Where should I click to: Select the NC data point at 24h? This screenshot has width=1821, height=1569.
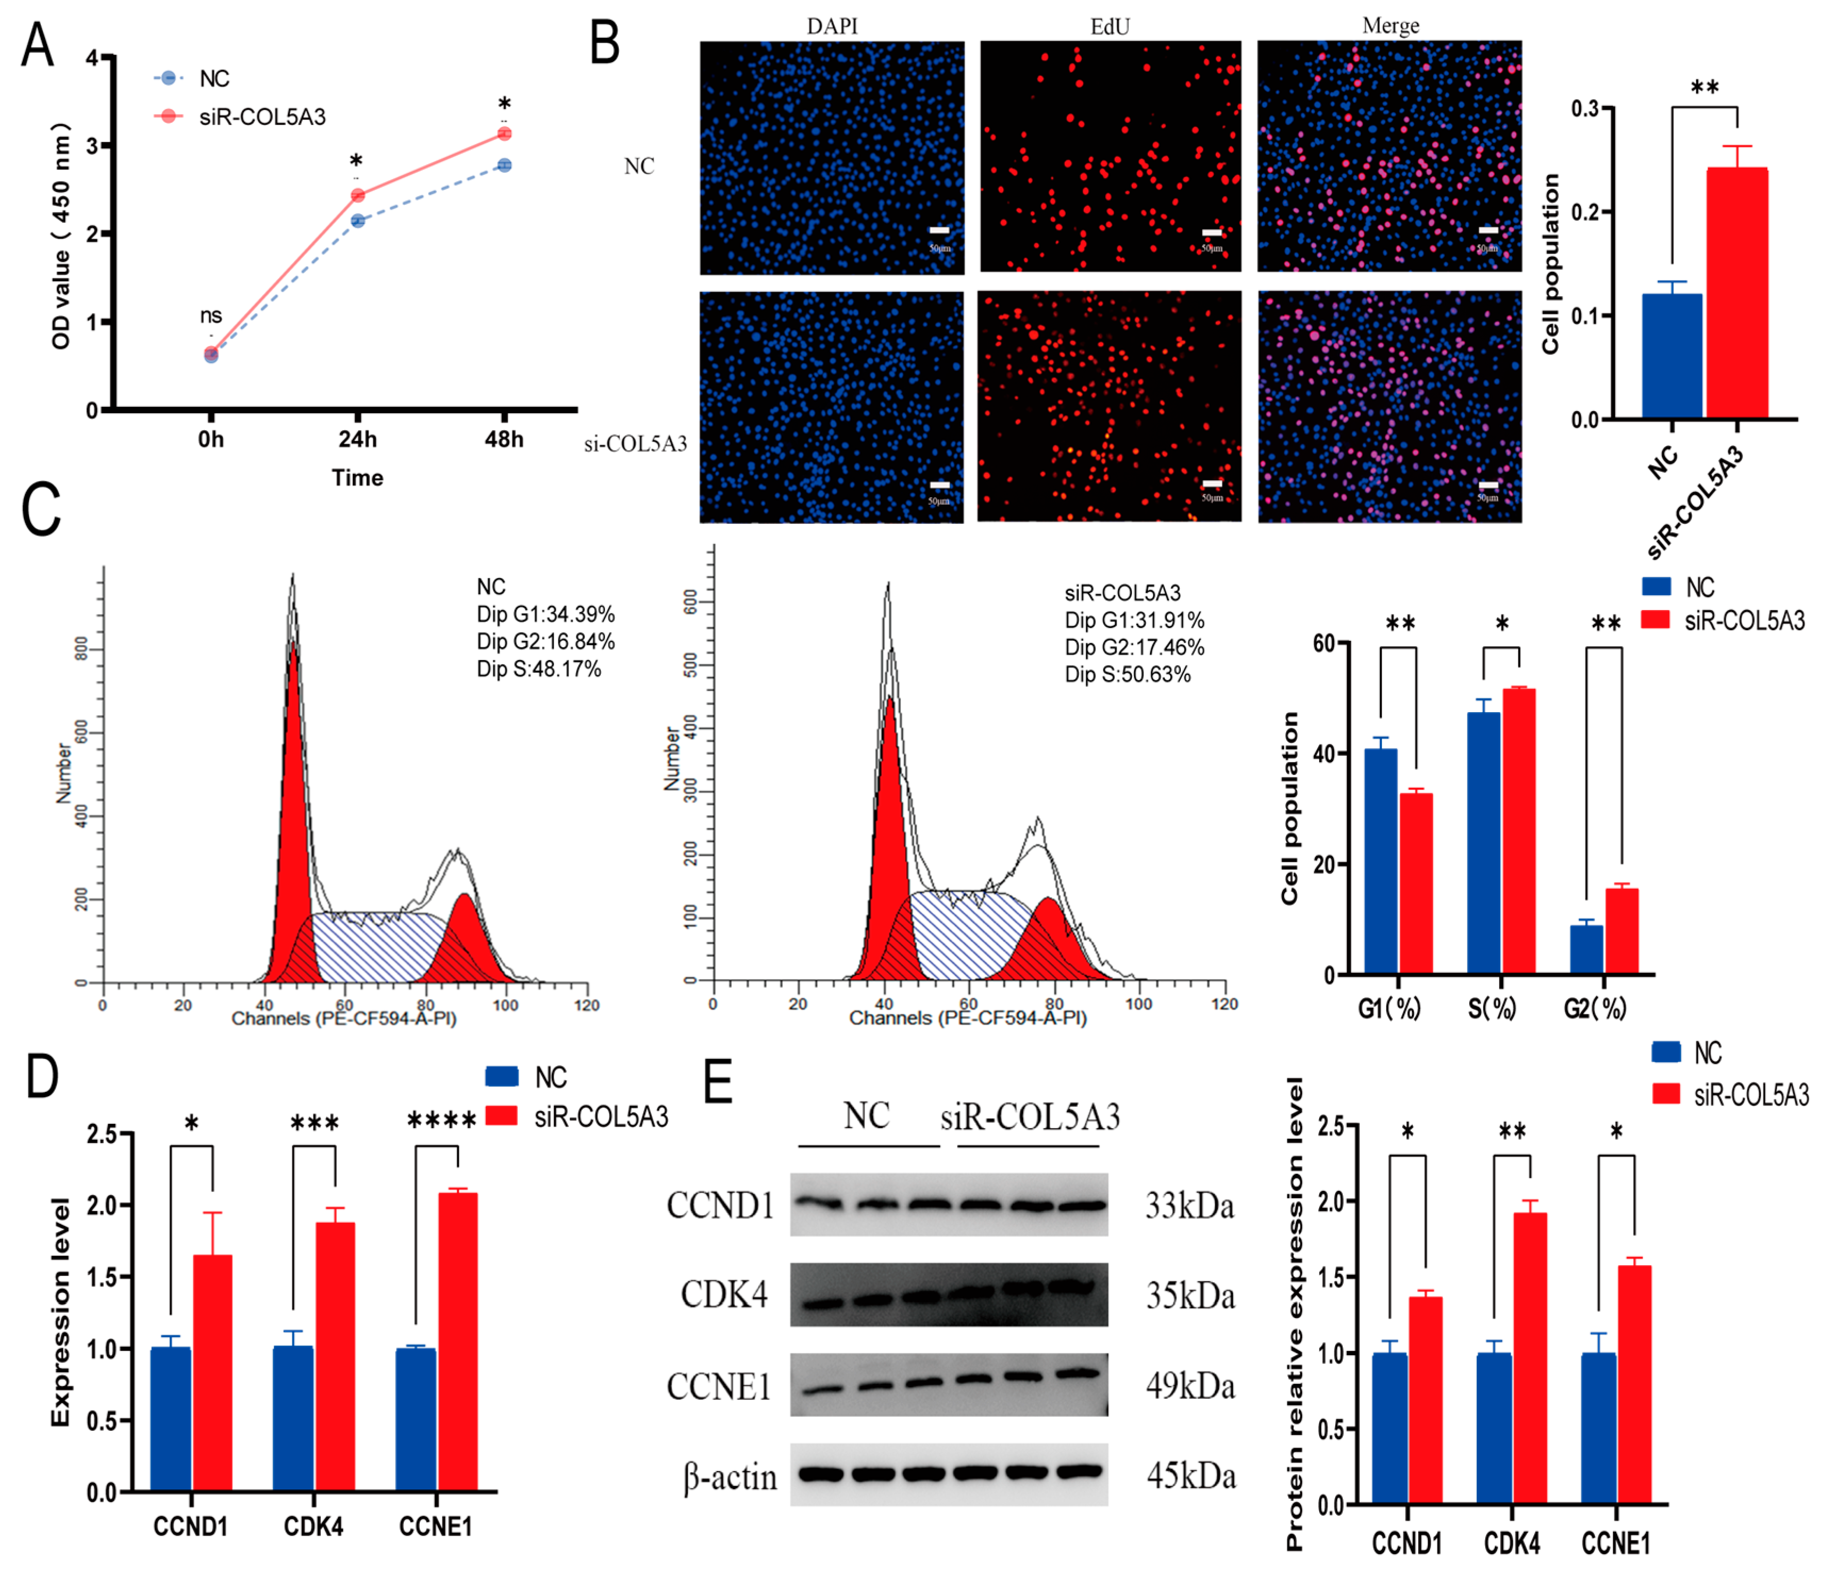pyautogui.click(x=358, y=221)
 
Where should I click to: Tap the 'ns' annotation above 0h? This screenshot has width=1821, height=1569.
pyautogui.click(x=210, y=315)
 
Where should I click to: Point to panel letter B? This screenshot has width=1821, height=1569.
pyautogui.click(x=605, y=44)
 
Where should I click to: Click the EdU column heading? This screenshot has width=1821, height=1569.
pyautogui.click(x=1110, y=27)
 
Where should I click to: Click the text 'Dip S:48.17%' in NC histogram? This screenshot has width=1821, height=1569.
pyautogui.click(x=539, y=670)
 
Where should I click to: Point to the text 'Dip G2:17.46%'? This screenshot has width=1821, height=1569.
pyautogui.click(x=1133, y=647)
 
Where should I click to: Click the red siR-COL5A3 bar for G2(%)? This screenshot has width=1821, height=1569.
pyautogui.click(x=1621, y=931)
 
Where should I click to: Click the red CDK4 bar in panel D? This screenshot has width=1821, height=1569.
pyautogui.click(x=335, y=1356)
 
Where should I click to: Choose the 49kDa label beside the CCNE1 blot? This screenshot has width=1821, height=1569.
pyautogui.click(x=1190, y=1386)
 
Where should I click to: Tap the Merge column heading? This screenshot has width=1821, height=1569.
pyautogui.click(x=1390, y=27)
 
